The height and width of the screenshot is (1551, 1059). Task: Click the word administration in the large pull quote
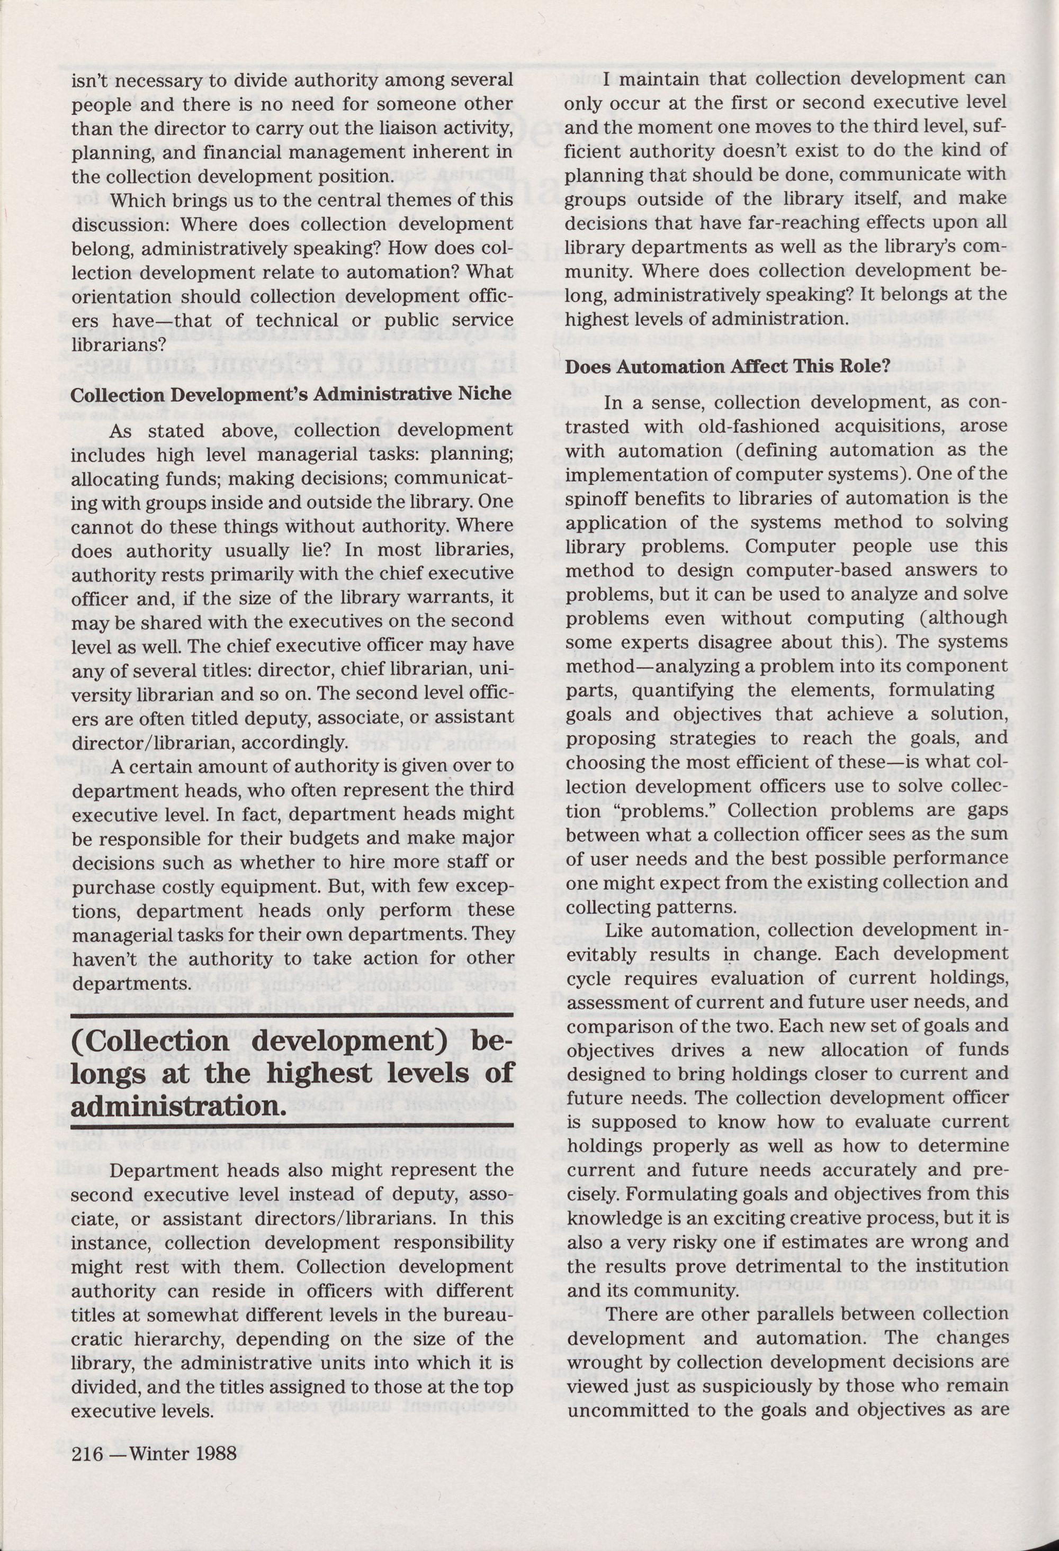174,1106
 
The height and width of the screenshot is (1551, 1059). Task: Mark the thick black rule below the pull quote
292,1127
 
